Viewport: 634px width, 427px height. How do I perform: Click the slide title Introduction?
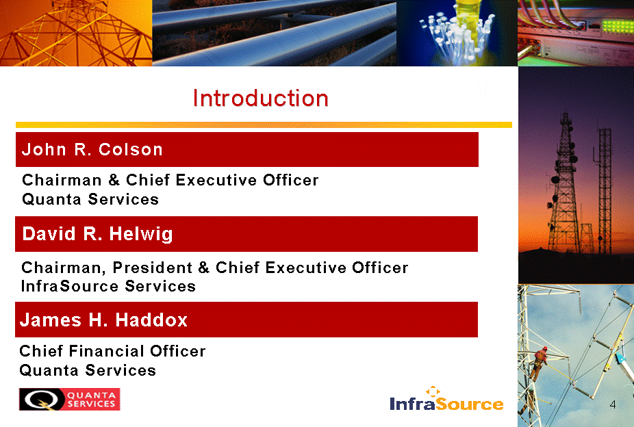pyautogui.click(x=260, y=98)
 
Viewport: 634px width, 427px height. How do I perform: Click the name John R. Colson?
pyautogui.click(x=92, y=149)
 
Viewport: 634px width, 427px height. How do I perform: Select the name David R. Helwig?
pyautogui.click(x=97, y=234)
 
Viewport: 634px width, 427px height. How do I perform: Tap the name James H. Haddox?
pyautogui.click(x=103, y=320)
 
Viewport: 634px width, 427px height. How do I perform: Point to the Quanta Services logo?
pyautogui.click(x=70, y=399)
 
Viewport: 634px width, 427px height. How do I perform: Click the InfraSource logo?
pyautogui.click(x=446, y=399)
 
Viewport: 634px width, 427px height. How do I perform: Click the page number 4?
pyautogui.click(x=613, y=404)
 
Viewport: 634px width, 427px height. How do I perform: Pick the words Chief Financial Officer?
pyautogui.click(x=112, y=351)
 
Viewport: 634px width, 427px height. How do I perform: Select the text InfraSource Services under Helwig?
pyautogui.click(x=108, y=286)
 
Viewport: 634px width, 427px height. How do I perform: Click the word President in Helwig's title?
pyautogui.click(x=153, y=268)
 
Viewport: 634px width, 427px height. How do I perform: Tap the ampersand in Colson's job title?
pyautogui.click(x=114, y=180)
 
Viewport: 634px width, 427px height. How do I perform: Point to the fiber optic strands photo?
pyautogui.click(x=457, y=33)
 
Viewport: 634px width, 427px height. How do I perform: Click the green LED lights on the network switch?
pyautogui.click(x=618, y=26)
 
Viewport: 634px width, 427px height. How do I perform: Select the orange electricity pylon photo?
pyautogui.click(x=76, y=33)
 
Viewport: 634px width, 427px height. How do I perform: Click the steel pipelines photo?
pyautogui.click(x=274, y=33)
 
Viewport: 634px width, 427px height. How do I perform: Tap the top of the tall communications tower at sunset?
pyautogui.click(x=566, y=114)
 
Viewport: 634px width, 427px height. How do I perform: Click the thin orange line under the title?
pyautogui.click(x=264, y=125)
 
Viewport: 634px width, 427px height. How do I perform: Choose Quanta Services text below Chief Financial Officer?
pyautogui.click(x=88, y=370)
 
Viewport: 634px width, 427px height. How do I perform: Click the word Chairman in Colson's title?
pyautogui.click(x=62, y=180)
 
